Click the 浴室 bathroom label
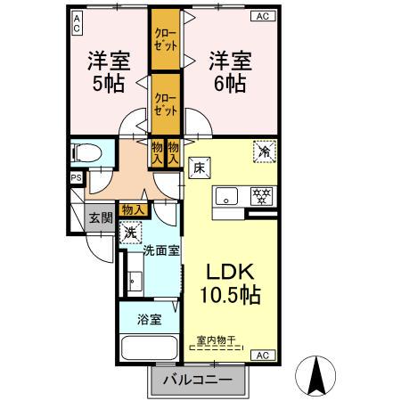pos(149,320)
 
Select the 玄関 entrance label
pos(100,217)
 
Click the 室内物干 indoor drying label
pos(220,339)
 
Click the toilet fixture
pos(87,152)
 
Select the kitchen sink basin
pos(225,198)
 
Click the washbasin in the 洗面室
pos(135,282)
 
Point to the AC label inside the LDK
pos(263,356)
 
